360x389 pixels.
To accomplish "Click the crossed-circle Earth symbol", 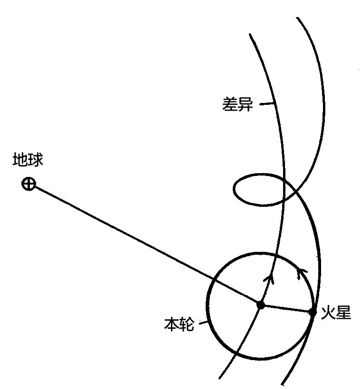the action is (29, 184).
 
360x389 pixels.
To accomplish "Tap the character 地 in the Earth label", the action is (20, 159).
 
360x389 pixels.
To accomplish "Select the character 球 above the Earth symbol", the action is (36, 159).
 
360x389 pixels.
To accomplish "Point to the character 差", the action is (230, 104).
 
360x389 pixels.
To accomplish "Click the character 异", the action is (246, 104).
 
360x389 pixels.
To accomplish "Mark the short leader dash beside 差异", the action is (267, 103).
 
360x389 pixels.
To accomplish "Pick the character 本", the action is (171, 324).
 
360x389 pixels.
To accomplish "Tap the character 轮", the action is (187, 324).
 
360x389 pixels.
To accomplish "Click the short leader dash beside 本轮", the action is (203, 323).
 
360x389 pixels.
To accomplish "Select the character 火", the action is (328, 312).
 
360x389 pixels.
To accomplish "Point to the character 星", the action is (343, 312).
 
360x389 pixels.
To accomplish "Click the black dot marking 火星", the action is (313, 312).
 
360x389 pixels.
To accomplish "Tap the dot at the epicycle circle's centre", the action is (260, 305).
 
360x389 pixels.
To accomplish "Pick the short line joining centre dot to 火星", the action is (286, 308).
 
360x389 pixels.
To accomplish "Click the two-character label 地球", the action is (28, 159).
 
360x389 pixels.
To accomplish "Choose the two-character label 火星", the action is (336, 312).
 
